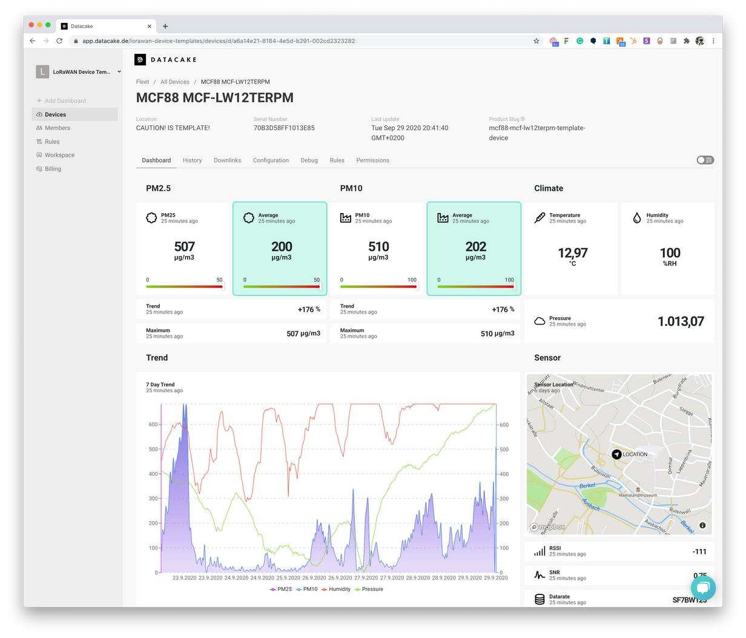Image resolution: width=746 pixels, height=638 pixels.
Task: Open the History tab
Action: coord(192,160)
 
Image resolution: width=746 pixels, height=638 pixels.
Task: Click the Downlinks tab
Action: coord(227,160)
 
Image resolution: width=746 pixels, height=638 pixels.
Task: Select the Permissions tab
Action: coord(372,160)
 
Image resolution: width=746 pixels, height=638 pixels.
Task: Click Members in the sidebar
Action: coord(57,128)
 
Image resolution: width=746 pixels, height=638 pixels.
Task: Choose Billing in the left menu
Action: coord(53,169)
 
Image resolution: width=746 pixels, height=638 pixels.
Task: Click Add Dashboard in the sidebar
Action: coord(65,100)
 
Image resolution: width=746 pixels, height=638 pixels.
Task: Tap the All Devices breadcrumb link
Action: coord(174,82)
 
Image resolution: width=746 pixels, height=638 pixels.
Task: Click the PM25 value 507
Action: coord(185,246)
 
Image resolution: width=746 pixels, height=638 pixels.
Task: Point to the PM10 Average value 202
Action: coord(475,246)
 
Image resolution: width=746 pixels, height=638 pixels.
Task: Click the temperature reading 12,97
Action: coord(572,252)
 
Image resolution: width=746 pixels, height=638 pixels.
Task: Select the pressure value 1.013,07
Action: coord(681,321)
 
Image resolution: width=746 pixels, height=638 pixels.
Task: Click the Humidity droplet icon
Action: coord(636,218)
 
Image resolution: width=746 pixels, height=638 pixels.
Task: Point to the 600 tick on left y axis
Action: coord(153,425)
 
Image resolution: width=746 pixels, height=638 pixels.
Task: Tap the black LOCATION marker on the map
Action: coord(616,454)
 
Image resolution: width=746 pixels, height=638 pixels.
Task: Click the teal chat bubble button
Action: coord(702,588)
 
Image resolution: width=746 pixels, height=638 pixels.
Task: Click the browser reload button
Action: coord(59,41)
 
